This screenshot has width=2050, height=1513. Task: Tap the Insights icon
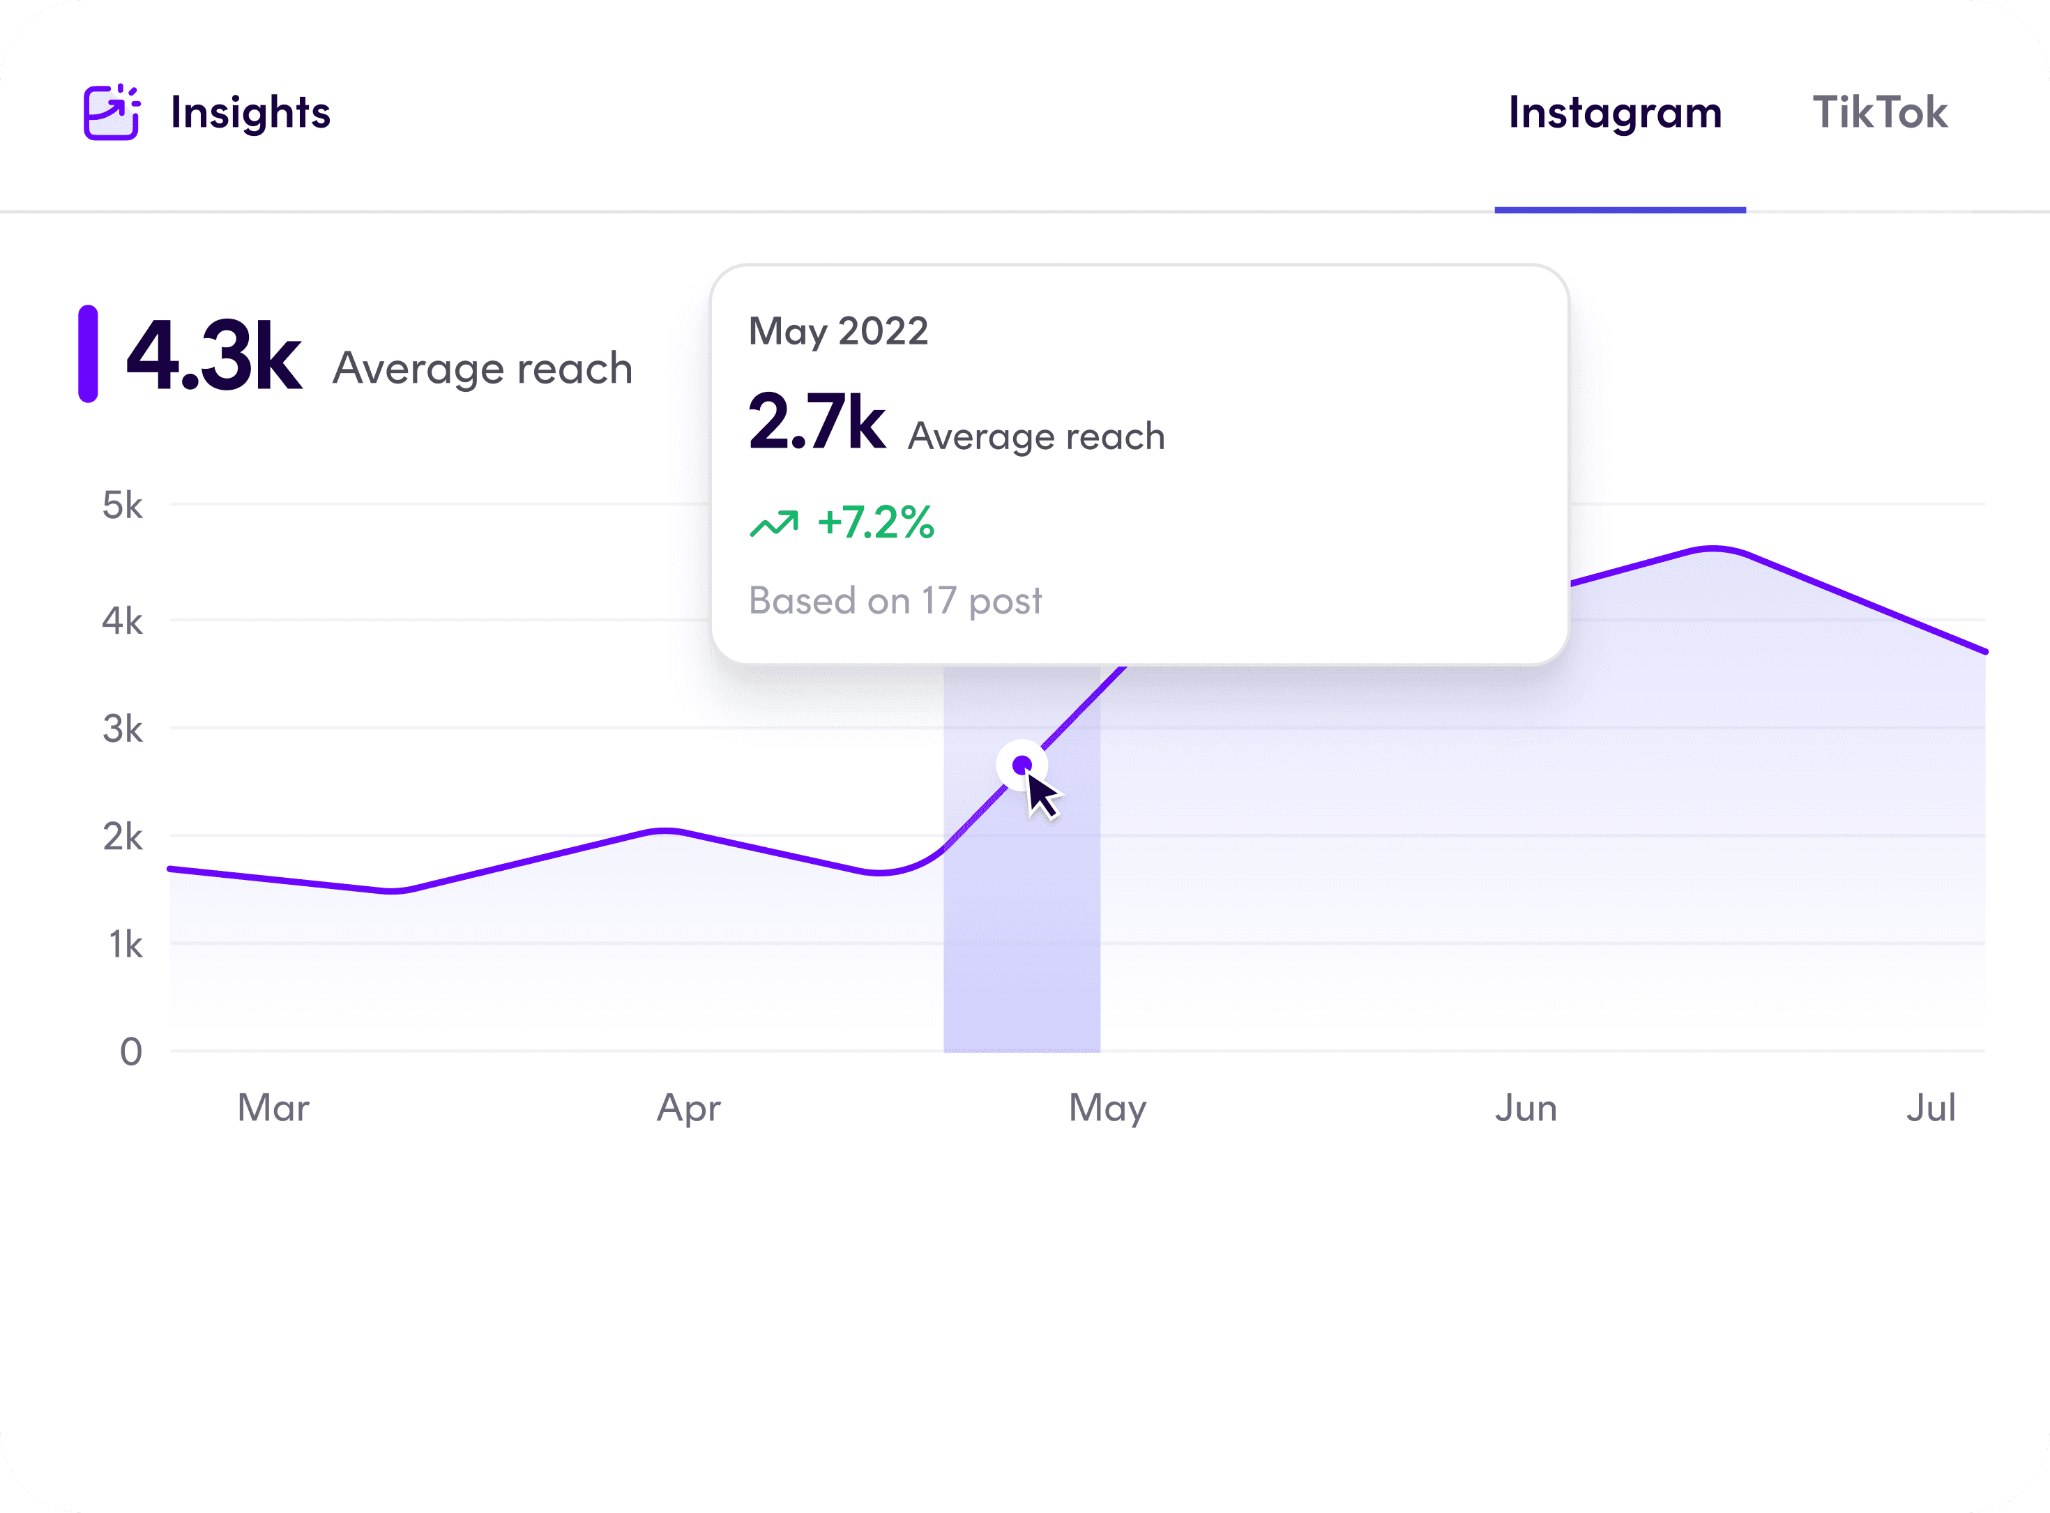click(111, 113)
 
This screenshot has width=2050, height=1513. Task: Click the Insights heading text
click(250, 113)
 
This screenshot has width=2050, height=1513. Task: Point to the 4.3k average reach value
click(213, 356)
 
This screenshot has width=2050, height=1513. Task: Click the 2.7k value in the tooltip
click(816, 423)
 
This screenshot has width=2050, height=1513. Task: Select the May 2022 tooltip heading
click(838, 330)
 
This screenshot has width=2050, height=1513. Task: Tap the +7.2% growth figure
click(876, 522)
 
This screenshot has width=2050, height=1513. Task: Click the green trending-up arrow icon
click(774, 523)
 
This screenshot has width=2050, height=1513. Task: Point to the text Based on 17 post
click(895, 601)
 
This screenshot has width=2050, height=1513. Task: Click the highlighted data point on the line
click(1022, 764)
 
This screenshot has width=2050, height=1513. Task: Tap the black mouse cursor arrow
click(1042, 795)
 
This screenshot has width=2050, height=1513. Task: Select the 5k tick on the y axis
click(123, 505)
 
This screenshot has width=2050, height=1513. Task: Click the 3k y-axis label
click(123, 729)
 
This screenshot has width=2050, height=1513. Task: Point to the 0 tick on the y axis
click(131, 1051)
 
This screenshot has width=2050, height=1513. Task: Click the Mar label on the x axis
click(273, 1108)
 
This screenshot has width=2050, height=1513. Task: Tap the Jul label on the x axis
click(1931, 1108)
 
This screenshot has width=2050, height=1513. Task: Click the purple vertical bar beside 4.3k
click(88, 353)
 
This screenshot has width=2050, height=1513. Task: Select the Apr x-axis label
click(689, 1108)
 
